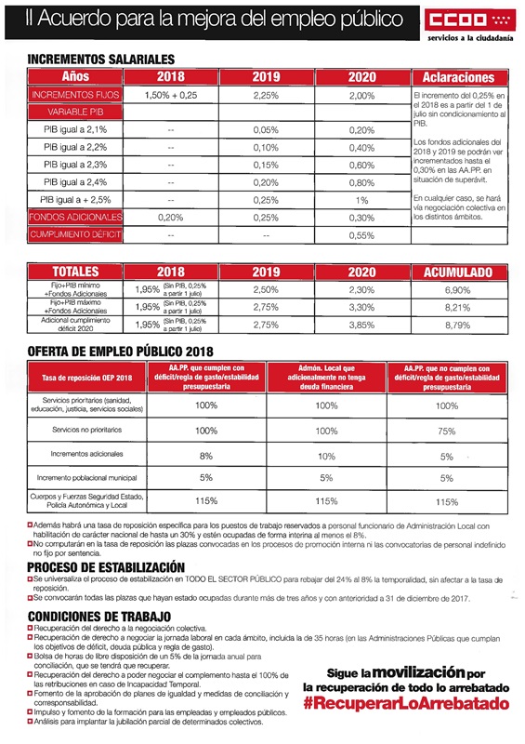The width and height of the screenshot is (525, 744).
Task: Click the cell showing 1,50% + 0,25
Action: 170,95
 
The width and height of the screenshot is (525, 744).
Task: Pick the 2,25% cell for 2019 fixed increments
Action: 266,95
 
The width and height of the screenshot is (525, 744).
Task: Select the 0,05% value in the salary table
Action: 266,130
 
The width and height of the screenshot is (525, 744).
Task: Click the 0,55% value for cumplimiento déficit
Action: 361,235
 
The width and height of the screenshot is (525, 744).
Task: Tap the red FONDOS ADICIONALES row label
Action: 75,217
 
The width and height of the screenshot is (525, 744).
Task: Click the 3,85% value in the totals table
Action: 361,325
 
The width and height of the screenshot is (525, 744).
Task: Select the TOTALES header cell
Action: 75,272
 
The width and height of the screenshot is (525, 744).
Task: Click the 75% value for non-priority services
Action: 446,432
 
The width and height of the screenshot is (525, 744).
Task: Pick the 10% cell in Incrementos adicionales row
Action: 325,456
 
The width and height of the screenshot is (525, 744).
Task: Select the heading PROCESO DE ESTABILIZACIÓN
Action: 105,566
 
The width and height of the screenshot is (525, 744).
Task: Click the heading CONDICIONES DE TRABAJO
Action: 98,616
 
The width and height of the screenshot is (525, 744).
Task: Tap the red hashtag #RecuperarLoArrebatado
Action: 407,704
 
